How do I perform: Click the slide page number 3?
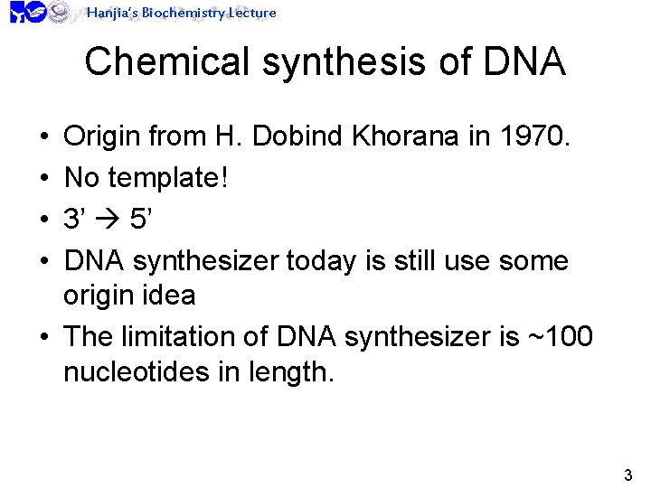(628, 474)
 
